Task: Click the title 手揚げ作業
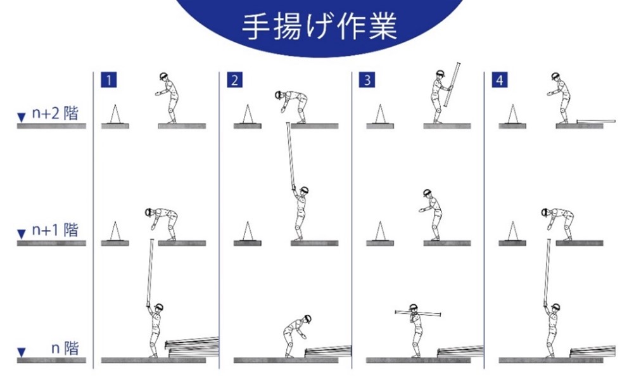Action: pyautogui.click(x=319, y=27)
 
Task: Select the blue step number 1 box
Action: pyautogui.click(x=109, y=80)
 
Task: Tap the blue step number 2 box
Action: pyautogui.click(x=234, y=80)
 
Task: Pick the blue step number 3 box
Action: pyautogui.click(x=367, y=80)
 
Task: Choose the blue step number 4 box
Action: pyautogui.click(x=499, y=80)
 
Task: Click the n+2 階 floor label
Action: pyautogui.click(x=55, y=113)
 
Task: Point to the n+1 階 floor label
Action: pyautogui.click(x=55, y=230)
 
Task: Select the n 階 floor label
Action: pyautogui.click(x=65, y=348)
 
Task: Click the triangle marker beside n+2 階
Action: pyautogui.click(x=22, y=118)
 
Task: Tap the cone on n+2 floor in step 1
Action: pyautogui.click(x=115, y=115)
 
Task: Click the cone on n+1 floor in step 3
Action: pyautogui.click(x=379, y=231)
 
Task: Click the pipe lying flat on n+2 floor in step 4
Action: pyautogui.click(x=596, y=121)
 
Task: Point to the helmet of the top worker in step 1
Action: pyautogui.click(x=164, y=76)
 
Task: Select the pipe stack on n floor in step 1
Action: pyautogui.click(x=192, y=347)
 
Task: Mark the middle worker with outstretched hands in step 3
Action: pyautogui.click(x=431, y=215)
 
